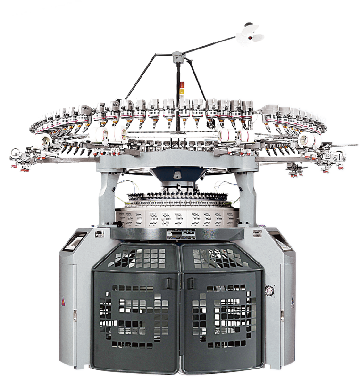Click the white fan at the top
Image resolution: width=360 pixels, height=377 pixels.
pos(250,33)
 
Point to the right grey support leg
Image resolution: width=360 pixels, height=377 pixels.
pos(247,196)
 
